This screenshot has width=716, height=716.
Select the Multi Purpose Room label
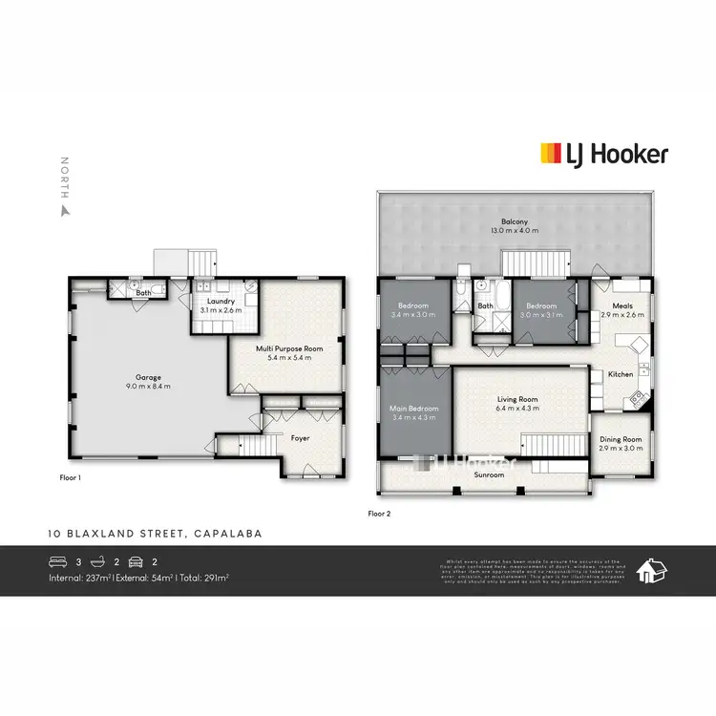pos(289,348)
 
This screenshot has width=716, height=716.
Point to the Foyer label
pos(301,438)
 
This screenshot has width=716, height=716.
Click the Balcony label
pos(515,222)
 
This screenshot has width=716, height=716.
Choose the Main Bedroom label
pos(414,408)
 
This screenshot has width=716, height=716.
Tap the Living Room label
pos(519,399)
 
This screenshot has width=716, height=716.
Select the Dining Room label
pos(621,440)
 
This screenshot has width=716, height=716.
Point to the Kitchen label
pos(621,374)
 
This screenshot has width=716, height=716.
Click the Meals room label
pos(622,305)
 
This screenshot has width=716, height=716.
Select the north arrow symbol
pos(65,209)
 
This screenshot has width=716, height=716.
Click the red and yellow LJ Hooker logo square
pos(551,154)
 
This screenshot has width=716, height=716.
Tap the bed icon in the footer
pos(58,561)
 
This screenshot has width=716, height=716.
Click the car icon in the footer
pos(137,561)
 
